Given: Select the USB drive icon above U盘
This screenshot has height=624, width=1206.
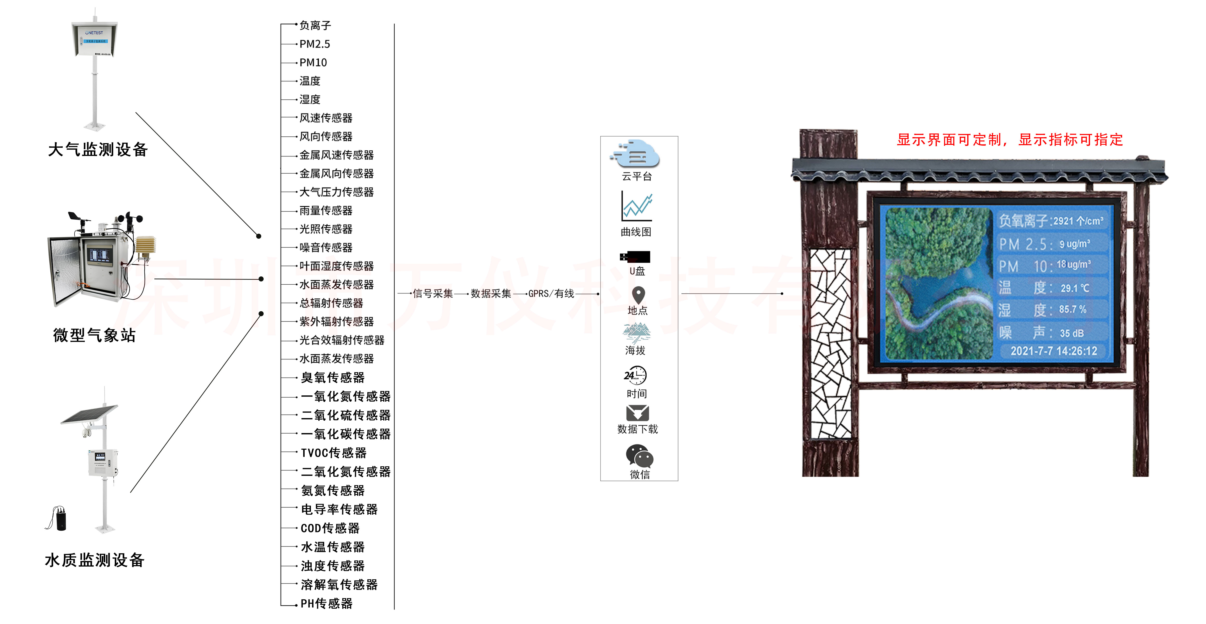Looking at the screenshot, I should [x=635, y=257].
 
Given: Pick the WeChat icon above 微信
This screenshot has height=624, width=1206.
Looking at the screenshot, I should [x=639, y=456].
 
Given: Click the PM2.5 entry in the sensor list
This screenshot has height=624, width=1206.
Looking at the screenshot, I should [x=315, y=44].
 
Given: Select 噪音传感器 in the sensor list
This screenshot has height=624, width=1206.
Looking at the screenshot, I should [x=326, y=247].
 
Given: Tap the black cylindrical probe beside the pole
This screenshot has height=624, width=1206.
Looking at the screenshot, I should [x=61, y=519].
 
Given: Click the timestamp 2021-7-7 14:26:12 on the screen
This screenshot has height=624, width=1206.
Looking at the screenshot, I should [x=1053, y=351].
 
